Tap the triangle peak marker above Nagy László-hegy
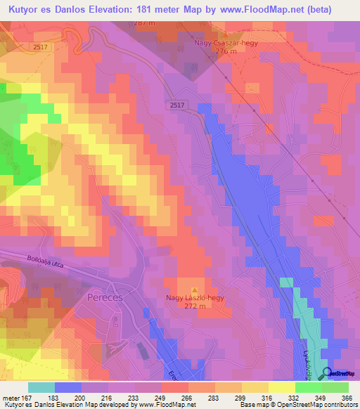coord(195,289)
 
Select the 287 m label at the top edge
coord(143,23)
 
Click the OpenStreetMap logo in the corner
coord(341,373)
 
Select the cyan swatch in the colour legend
coord(41,387)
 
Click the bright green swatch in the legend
coord(308,387)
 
